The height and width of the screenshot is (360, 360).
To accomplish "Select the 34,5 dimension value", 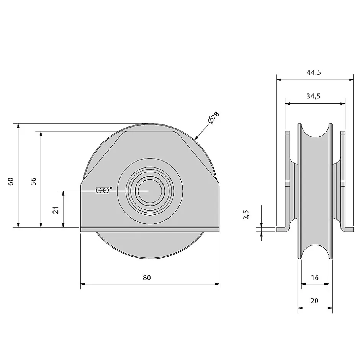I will pos(314,96).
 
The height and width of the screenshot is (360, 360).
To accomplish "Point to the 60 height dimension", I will pos(11,181).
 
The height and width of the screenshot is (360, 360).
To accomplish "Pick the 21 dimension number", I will pos(56,209).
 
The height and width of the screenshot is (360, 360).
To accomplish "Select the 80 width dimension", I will pos(147,278).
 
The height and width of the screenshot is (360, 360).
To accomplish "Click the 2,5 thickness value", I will pos(247,215).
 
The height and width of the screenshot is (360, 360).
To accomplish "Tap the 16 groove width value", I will pos(314,278).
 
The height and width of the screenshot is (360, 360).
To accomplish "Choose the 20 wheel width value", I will pos(314,301).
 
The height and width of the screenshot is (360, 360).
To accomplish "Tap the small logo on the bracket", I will pos(102,190).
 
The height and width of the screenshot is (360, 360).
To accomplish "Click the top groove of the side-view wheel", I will pos(315,132).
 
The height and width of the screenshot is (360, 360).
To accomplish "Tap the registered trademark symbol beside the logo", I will pos(111,188).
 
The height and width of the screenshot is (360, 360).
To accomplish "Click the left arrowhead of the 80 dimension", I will pos(83,284).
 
